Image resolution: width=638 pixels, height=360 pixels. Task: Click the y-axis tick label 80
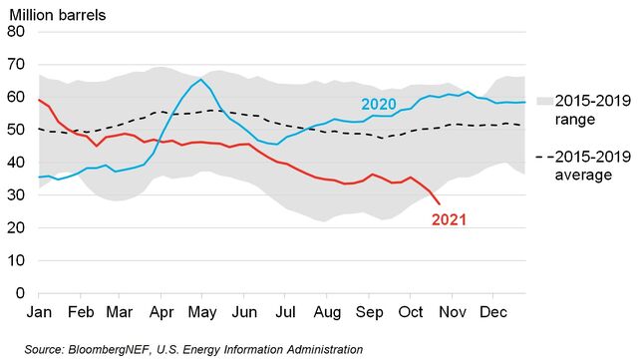[15, 32]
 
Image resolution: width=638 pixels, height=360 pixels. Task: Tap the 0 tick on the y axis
[19, 294]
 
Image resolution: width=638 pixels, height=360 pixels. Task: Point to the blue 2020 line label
[378, 105]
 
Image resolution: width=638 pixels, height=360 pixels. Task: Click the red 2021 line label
[450, 218]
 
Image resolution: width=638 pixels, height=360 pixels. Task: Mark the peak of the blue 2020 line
[201, 80]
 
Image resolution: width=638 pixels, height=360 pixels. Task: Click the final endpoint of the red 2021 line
[441, 204]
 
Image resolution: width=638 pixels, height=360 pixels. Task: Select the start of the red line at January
[39, 100]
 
